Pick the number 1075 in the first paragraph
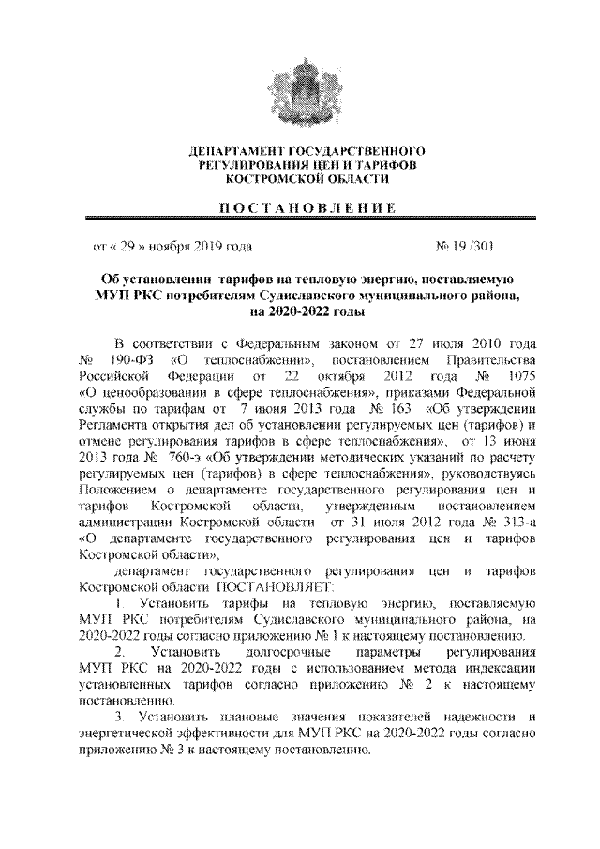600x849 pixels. [x=516, y=376]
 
